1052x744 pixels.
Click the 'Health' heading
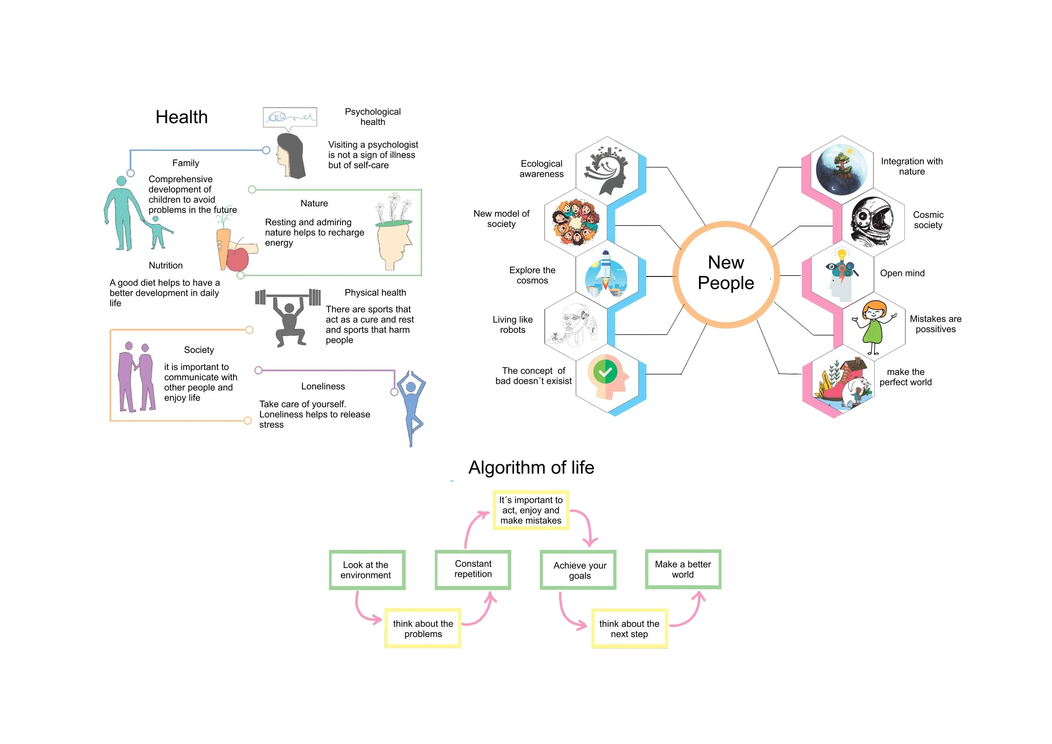point(181,117)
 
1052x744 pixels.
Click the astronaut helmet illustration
point(872,222)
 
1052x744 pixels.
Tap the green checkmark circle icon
point(605,372)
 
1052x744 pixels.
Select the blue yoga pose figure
point(411,408)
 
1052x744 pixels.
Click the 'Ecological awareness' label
point(542,169)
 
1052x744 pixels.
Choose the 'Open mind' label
point(902,273)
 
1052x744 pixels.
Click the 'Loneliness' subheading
point(323,386)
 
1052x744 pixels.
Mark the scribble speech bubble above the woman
point(290,118)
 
